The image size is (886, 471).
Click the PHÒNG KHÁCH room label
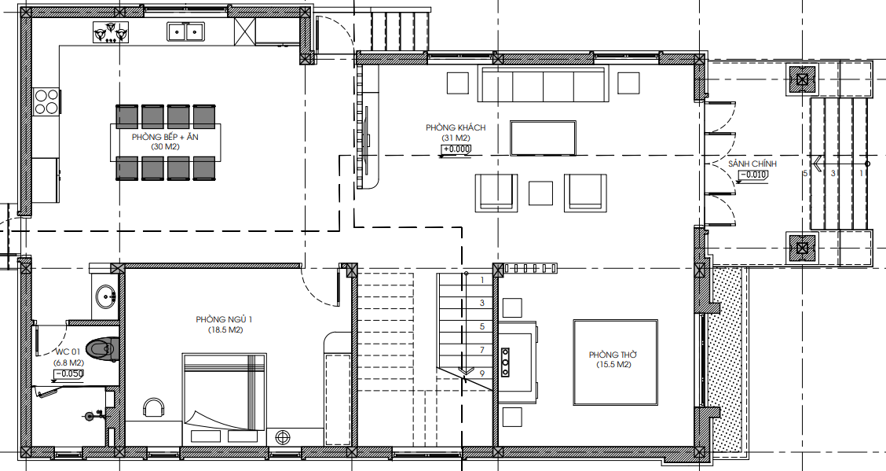click(456, 128)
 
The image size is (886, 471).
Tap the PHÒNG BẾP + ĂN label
click(165, 138)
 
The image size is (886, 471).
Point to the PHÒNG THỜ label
click(613, 355)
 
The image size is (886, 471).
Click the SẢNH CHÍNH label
click(752, 164)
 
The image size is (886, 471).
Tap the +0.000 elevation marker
click(456, 149)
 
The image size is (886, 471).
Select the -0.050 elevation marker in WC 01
click(69, 373)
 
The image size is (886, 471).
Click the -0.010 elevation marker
click(754, 175)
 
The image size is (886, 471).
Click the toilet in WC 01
click(103, 349)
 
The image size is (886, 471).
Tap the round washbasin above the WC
click(106, 296)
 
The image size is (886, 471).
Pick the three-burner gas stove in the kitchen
click(111, 31)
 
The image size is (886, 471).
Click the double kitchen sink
click(185, 31)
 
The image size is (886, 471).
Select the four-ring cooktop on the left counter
click(46, 101)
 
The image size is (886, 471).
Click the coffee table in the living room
click(543, 138)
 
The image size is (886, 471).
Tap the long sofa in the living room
click(543, 84)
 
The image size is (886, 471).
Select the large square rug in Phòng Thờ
click(616, 362)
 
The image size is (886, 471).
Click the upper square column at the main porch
click(801, 79)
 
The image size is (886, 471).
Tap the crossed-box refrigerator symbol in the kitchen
click(244, 31)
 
